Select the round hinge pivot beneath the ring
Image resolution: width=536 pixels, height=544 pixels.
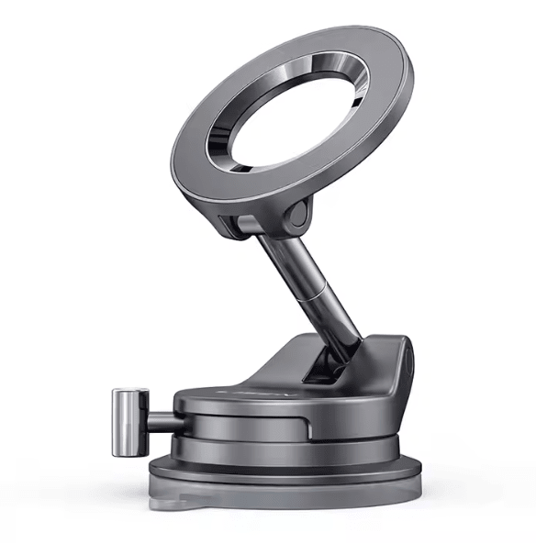[296, 216]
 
